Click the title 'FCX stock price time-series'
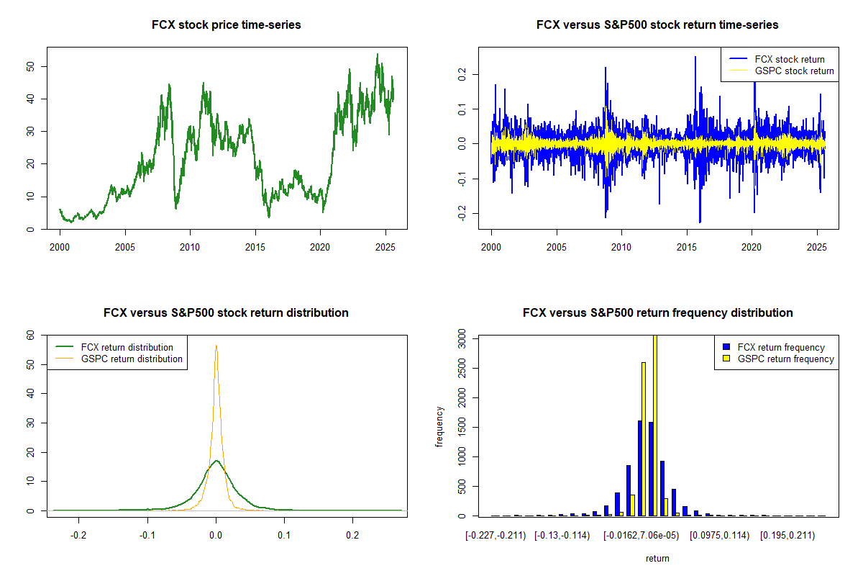(226, 25)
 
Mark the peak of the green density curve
(216, 460)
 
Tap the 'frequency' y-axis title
(439, 427)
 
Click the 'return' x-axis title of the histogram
(657, 558)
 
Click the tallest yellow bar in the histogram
(655, 425)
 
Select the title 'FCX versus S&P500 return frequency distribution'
(657, 313)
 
